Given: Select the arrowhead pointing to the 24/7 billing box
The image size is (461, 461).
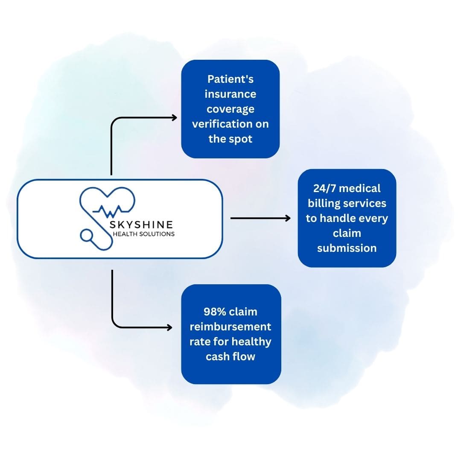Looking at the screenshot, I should tap(288, 218).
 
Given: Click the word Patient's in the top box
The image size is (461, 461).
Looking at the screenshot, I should tap(230, 79).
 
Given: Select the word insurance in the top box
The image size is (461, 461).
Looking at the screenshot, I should tap(230, 94).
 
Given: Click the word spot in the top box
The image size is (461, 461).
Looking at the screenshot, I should tap(242, 139).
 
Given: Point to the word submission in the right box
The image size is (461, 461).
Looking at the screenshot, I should tap(347, 248).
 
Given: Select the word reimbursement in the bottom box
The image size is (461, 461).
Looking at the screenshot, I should tap(230, 327).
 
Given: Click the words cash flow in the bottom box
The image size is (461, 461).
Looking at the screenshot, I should tap(230, 356).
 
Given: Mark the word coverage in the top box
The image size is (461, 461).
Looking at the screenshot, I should tap(230, 109).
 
